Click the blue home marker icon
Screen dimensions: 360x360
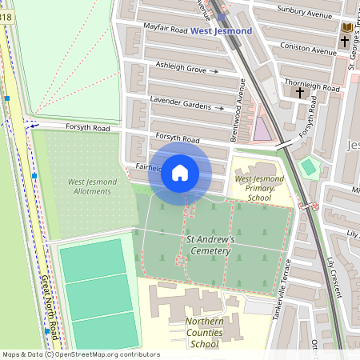point(180,172)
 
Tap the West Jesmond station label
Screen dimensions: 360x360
point(222,31)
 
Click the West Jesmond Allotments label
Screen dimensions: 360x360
point(92,186)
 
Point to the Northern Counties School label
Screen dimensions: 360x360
point(193,333)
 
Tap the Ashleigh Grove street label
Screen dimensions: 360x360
point(181,68)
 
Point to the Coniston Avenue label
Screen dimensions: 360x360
point(310,50)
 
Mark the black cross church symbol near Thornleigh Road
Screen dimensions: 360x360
point(301,94)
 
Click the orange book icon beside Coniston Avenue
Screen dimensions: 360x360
point(346,30)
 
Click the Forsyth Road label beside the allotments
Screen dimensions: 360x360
point(77,126)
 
